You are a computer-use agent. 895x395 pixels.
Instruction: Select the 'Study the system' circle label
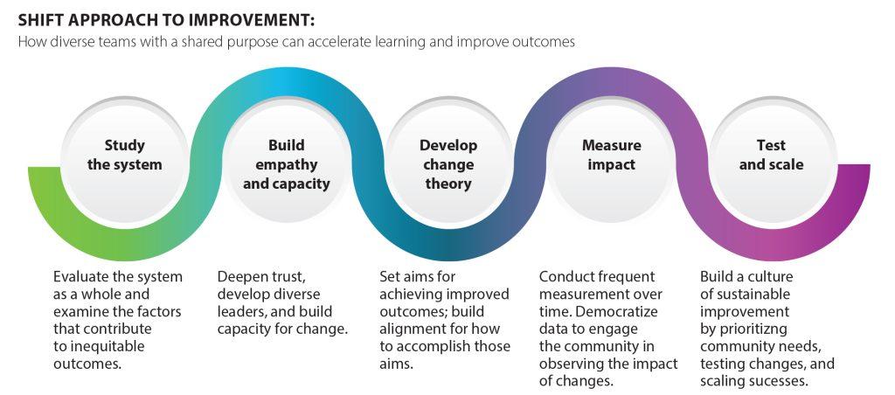click(124, 155)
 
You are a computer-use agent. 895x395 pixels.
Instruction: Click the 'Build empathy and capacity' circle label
click(287, 164)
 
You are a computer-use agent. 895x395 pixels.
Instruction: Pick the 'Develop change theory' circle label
click(448, 164)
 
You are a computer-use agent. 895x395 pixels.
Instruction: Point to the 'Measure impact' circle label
click(611, 155)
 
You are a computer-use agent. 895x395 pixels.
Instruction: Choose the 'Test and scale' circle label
click(771, 155)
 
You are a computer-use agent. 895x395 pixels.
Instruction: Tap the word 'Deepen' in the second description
click(239, 278)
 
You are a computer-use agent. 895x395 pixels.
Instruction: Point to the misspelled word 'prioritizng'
click(743, 329)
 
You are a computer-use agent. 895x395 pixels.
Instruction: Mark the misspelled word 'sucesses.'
click(781, 381)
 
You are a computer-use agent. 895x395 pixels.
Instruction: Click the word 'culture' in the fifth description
click(773, 277)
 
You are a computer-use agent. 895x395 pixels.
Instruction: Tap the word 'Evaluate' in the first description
click(78, 277)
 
